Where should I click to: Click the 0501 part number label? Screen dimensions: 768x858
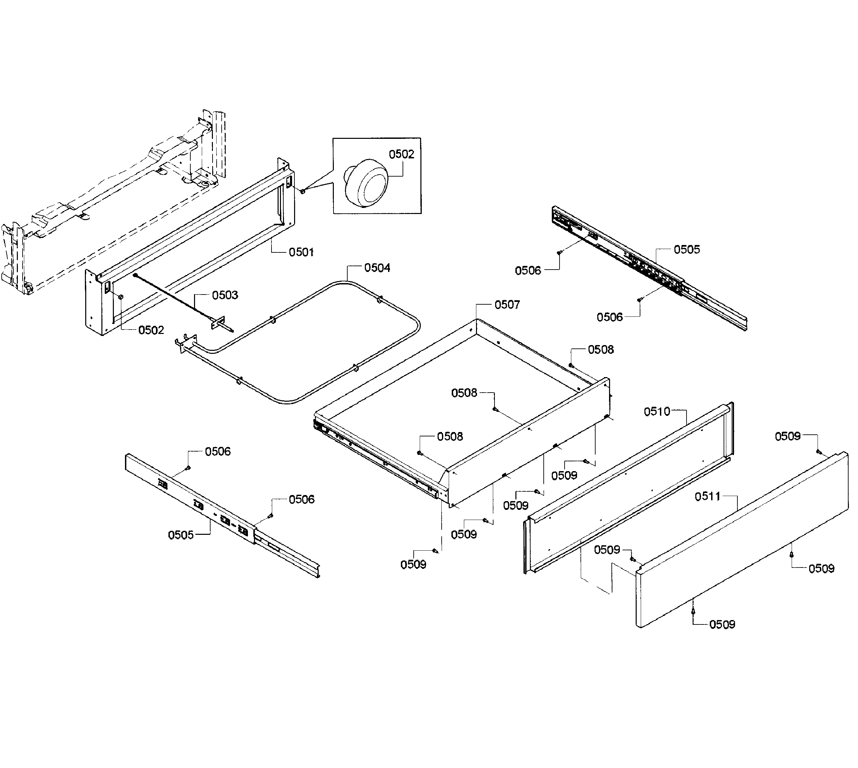tap(301, 252)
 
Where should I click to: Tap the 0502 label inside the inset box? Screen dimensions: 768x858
tap(401, 154)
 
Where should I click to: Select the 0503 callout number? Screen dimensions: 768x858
tap(225, 295)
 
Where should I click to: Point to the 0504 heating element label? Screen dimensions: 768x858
tap(377, 268)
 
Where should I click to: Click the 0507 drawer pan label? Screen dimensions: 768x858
tap(507, 305)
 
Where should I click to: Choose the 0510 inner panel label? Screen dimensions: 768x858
tap(657, 411)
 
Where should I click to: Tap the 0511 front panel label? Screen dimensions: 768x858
tap(707, 496)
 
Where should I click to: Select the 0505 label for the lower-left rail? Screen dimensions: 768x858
tap(181, 535)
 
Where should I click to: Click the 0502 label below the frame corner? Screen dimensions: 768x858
tap(151, 330)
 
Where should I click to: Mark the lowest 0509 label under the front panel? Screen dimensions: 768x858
tap(722, 624)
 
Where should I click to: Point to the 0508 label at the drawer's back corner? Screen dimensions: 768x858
tap(601, 349)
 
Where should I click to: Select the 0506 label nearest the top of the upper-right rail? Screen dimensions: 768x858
tap(528, 271)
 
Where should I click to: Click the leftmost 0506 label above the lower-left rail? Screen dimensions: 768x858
tap(218, 452)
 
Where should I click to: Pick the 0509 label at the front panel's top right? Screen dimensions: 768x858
tap(787, 436)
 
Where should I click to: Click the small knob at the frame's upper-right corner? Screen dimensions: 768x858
tap(303, 191)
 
